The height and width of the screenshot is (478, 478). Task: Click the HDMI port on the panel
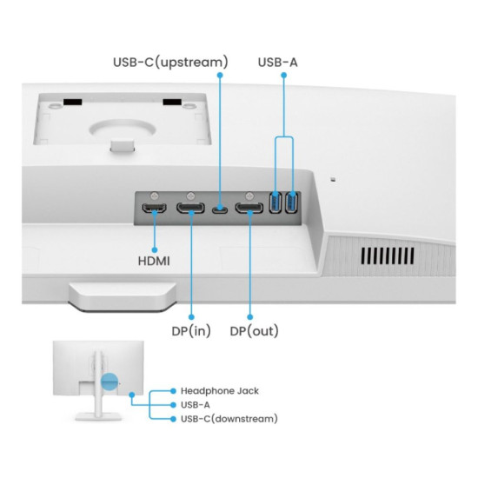(x=155, y=209)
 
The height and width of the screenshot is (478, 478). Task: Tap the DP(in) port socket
(x=190, y=209)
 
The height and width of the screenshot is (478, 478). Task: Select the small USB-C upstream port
(x=220, y=210)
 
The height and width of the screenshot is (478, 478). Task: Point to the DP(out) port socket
(x=249, y=209)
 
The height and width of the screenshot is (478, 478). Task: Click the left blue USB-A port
(x=276, y=202)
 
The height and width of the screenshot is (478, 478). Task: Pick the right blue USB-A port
(x=291, y=202)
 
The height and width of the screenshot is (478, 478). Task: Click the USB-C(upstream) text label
(x=170, y=63)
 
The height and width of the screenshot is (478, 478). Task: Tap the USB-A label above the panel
(x=278, y=63)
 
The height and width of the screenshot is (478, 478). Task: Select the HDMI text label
(x=154, y=262)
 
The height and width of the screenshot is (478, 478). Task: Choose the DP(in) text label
(x=191, y=331)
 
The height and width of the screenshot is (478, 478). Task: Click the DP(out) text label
(x=255, y=331)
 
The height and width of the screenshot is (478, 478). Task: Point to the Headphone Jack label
(x=220, y=391)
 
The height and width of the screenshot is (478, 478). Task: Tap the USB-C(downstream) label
(x=229, y=419)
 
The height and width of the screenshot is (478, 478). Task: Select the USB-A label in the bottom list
(x=196, y=405)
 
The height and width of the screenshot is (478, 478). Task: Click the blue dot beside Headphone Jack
(x=173, y=391)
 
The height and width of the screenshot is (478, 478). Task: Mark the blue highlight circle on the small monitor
(x=110, y=382)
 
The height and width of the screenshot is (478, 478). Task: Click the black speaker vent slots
(x=388, y=256)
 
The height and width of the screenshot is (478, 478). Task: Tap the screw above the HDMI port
(x=155, y=196)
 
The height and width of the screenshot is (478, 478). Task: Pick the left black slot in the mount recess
(x=72, y=102)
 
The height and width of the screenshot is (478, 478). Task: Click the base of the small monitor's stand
(x=98, y=416)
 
